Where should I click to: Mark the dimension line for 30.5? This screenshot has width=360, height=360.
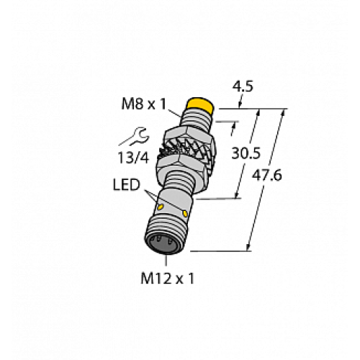pos(246,152)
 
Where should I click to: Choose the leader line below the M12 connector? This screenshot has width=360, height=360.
pos(170,260)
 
